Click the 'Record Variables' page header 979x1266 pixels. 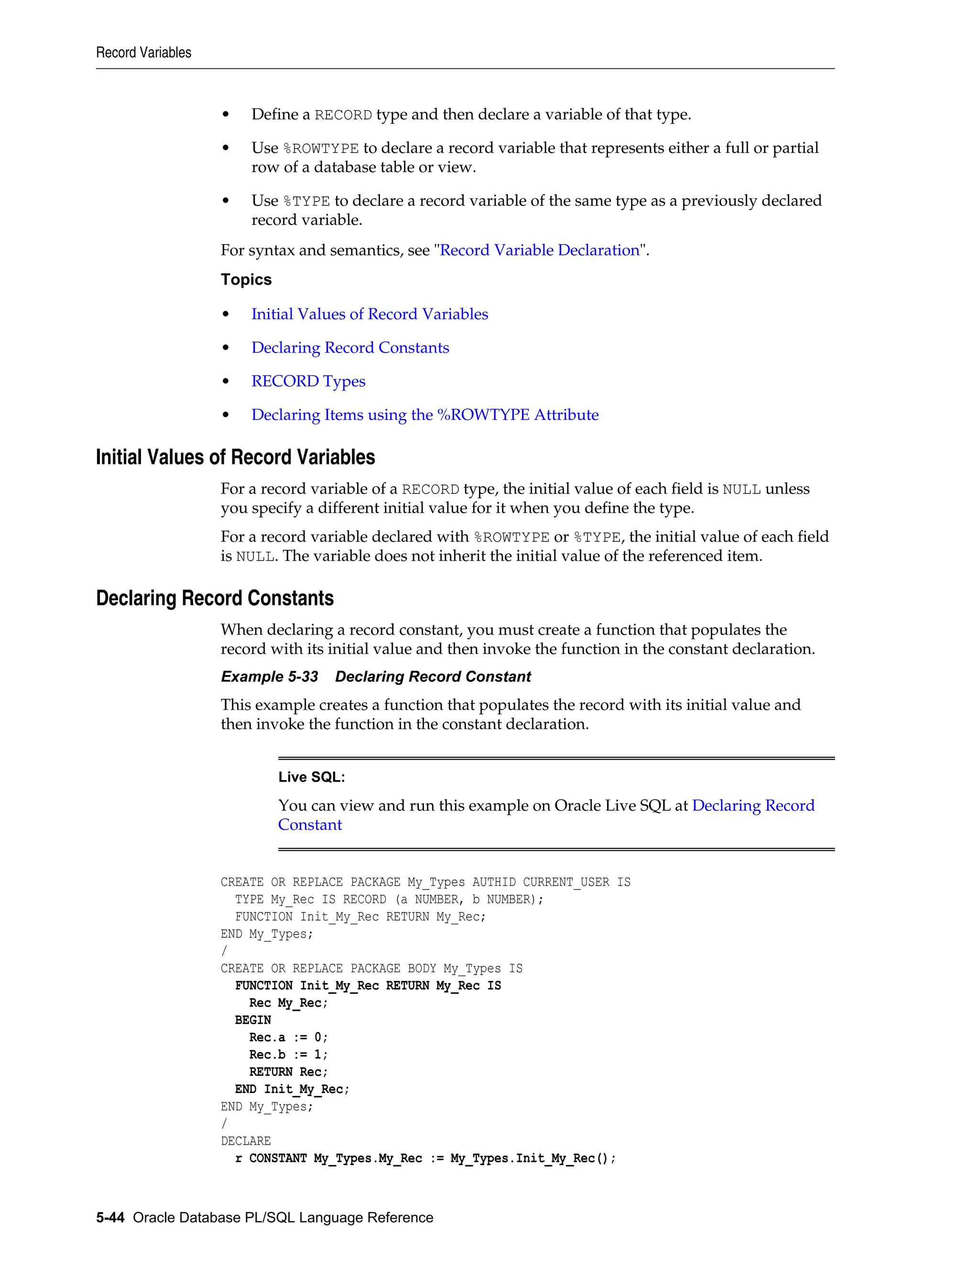tap(143, 53)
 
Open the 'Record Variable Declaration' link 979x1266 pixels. tap(539, 250)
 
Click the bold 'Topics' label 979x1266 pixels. tap(246, 280)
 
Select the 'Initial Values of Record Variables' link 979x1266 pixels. tap(370, 314)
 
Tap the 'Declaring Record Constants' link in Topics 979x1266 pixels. tap(350, 348)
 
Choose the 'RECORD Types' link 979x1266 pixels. tap(308, 381)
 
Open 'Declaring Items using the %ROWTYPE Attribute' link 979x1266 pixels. tap(424, 415)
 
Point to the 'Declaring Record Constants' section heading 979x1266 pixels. tap(215, 598)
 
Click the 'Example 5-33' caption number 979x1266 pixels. tap(269, 677)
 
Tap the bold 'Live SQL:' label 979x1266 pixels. tap(312, 777)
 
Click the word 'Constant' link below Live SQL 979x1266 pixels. tap(310, 825)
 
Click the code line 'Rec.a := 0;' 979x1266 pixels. tap(288, 1038)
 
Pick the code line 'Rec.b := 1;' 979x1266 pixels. tap(288, 1055)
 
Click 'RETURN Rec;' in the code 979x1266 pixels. tap(288, 1073)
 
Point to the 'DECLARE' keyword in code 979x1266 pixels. tap(245, 1141)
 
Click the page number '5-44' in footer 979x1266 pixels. tap(110, 1218)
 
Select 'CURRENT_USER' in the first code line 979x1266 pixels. tap(566, 882)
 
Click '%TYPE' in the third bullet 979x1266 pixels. tap(306, 202)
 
